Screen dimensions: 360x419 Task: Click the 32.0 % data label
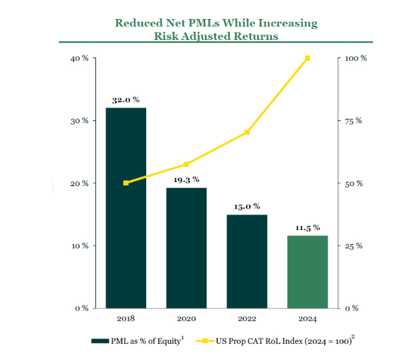click(125, 99)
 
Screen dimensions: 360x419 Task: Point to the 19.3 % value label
click(186, 179)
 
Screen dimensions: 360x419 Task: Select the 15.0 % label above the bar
click(247, 206)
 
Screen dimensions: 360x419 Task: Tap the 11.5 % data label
click(307, 227)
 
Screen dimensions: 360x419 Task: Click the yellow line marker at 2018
click(126, 183)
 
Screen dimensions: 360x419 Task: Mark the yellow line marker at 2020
click(186, 164)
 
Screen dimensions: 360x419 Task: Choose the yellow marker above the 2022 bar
click(247, 132)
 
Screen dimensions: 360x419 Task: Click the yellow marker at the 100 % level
click(307, 58)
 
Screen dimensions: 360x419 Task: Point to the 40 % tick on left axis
click(80, 58)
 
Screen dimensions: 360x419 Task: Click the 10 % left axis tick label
click(80, 246)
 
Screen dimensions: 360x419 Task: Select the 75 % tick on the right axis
click(353, 121)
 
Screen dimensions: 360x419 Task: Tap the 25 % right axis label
click(353, 246)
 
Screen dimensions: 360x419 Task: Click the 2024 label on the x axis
click(307, 317)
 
